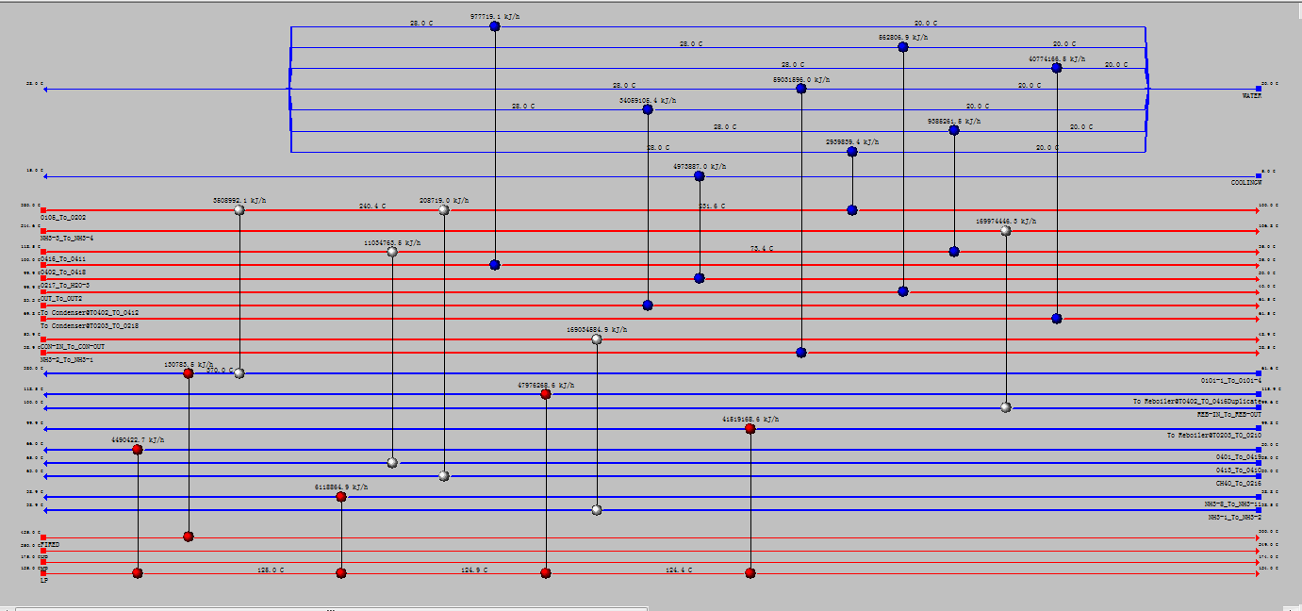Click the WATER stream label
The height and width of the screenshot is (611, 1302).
(x=1251, y=96)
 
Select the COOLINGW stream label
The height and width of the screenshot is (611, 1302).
(x=1245, y=182)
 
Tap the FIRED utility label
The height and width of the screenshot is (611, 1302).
(x=49, y=544)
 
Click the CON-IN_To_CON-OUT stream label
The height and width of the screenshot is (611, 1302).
(x=73, y=346)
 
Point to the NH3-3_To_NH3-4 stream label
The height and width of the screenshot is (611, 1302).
(x=67, y=238)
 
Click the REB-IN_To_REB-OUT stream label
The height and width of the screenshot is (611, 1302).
(x=1228, y=414)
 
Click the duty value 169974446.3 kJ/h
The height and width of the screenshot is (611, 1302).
(x=1006, y=221)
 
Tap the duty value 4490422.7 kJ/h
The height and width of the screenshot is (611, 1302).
(x=138, y=439)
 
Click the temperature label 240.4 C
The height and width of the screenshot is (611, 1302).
(x=372, y=206)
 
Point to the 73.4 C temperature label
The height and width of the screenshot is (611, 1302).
(x=762, y=248)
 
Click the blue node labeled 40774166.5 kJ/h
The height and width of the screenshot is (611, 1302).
(x=1057, y=68)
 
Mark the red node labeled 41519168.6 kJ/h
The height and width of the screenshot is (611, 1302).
(x=750, y=429)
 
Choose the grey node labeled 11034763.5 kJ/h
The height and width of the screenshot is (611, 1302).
(x=392, y=252)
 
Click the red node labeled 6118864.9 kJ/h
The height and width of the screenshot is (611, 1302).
(x=341, y=497)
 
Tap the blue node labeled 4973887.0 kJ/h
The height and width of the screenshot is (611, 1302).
(x=699, y=176)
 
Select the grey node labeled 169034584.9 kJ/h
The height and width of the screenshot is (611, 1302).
(x=597, y=339)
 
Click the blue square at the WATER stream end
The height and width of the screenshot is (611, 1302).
(x=1259, y=90)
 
